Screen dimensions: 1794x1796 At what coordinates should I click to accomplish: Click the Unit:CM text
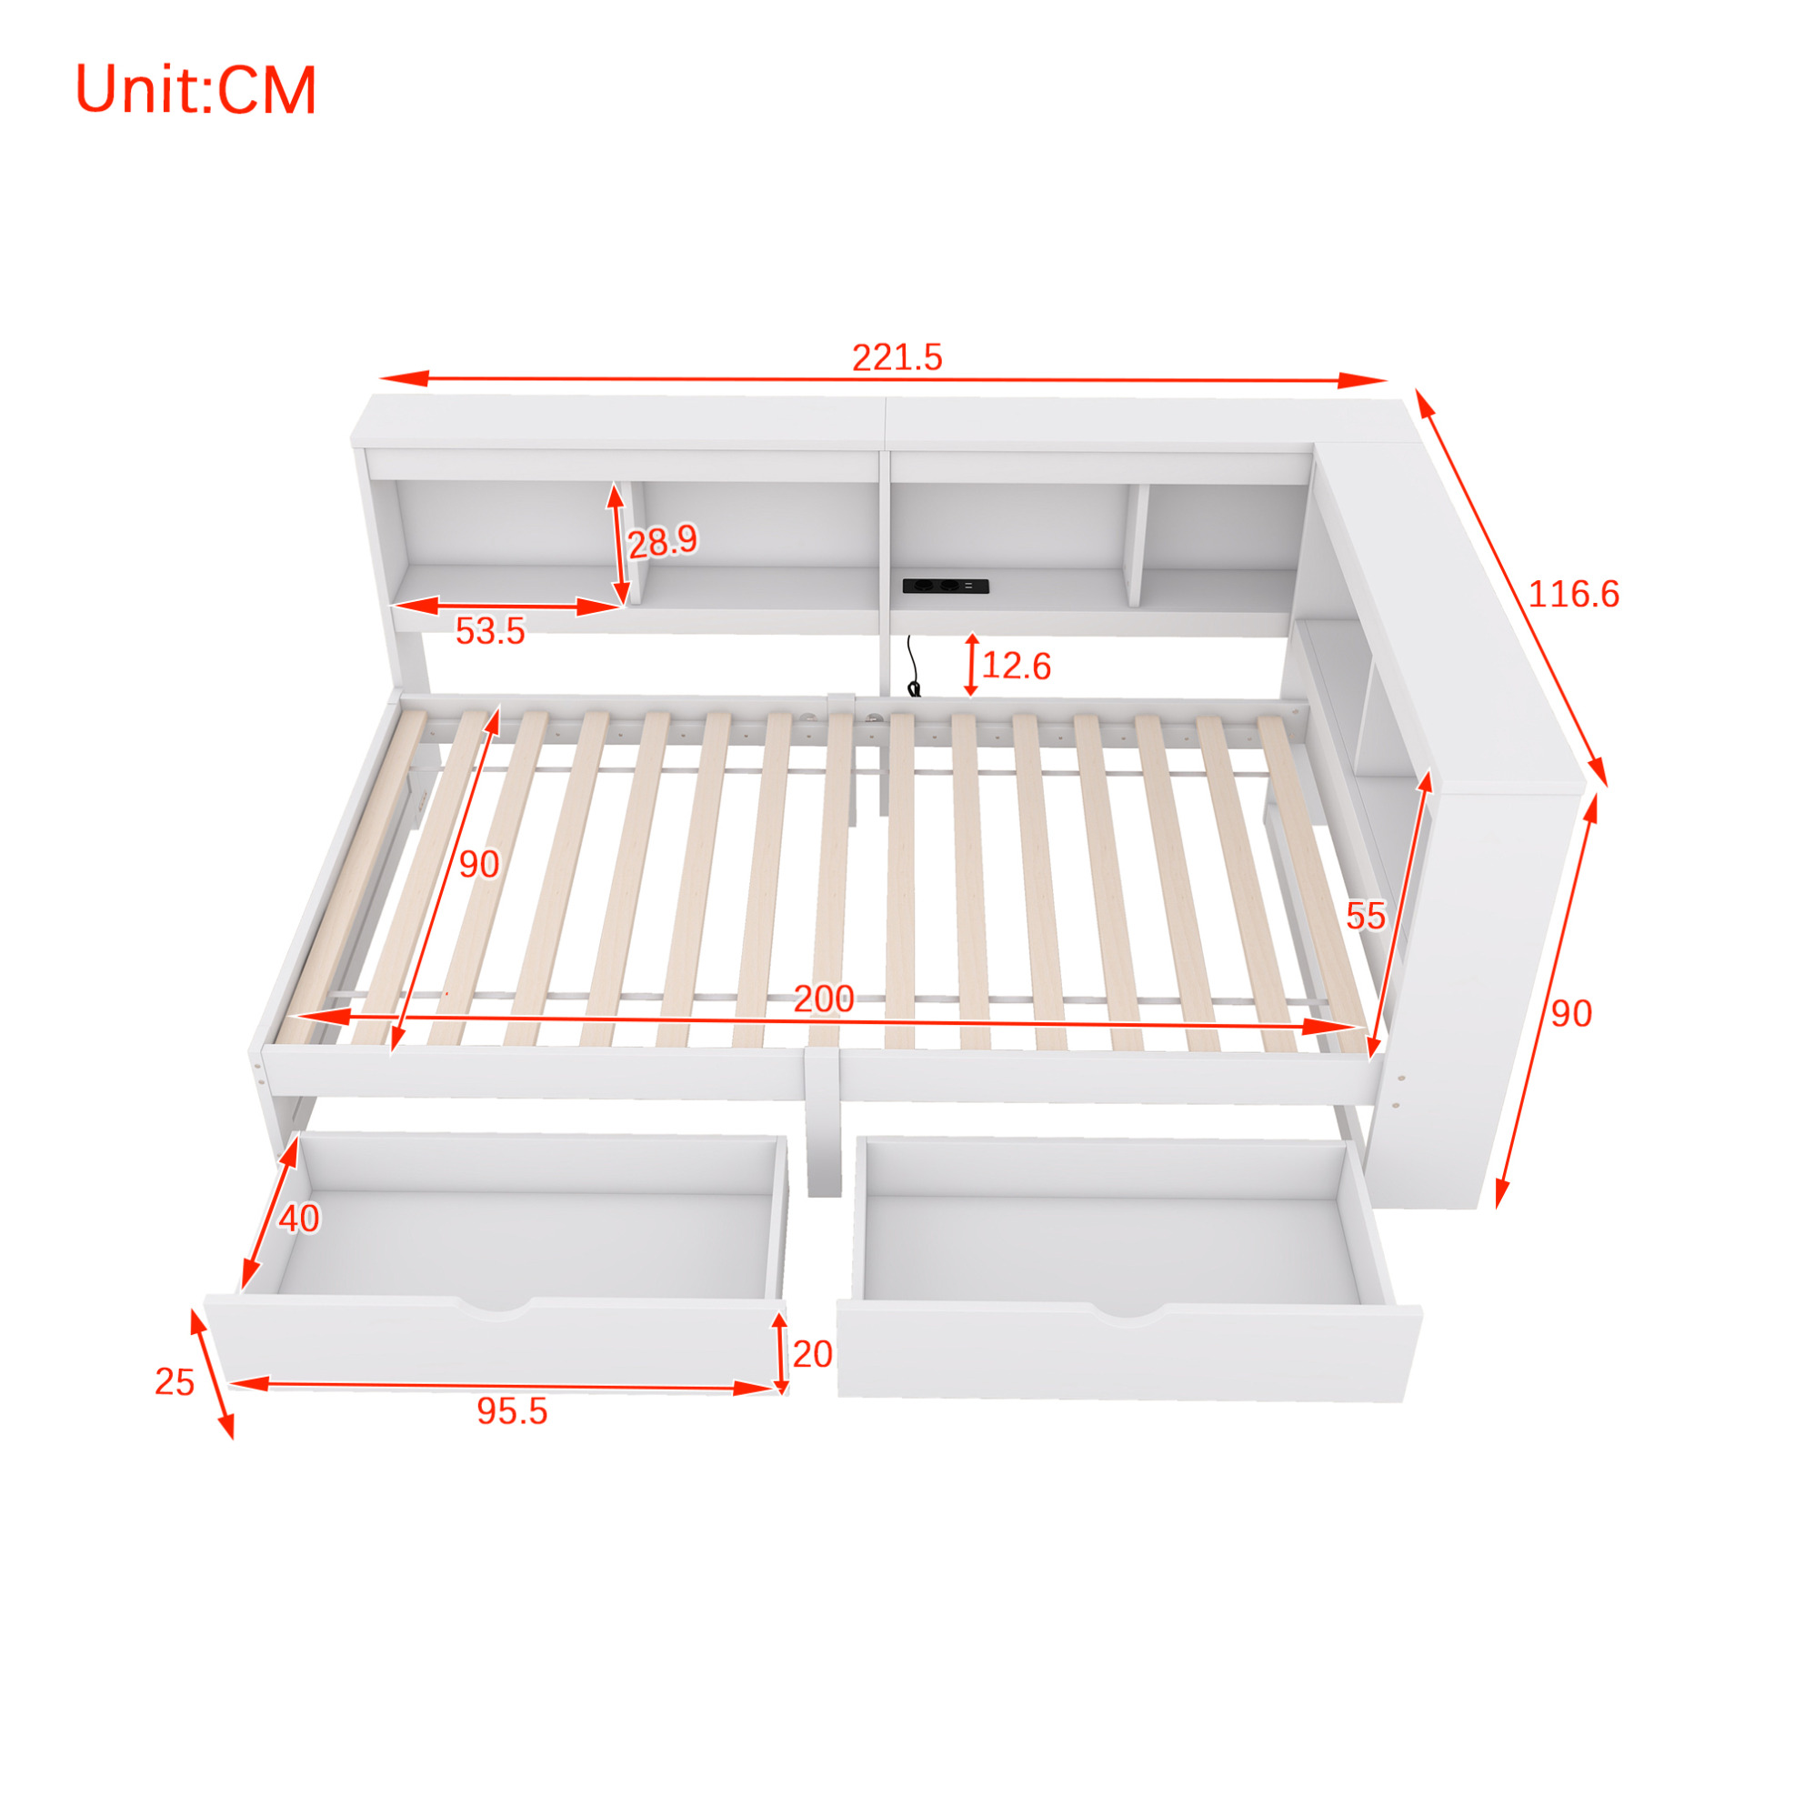(x=195, y=90)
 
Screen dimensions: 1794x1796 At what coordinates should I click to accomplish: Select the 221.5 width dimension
(x=897, y=357)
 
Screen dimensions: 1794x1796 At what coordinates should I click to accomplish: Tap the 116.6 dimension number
(x=1573, y=594)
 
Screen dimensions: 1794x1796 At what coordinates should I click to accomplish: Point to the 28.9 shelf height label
(x=662, y=541)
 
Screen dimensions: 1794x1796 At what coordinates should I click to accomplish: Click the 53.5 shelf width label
(x=490, y=631)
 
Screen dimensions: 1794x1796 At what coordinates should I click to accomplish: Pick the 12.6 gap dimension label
(x=1015, y=666)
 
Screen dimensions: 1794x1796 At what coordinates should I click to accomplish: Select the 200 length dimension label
(x=824, y=999)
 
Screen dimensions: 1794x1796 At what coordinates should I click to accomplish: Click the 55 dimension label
(x=1366, y=917)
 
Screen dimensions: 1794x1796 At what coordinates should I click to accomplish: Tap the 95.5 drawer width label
(x=512, y=1411)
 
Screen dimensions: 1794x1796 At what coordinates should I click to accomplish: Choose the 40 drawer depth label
(x=299, y=1219)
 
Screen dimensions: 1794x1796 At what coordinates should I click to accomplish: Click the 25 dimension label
(x=174, y=1382)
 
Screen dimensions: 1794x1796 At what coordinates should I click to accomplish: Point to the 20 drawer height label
(x=811, y=1354)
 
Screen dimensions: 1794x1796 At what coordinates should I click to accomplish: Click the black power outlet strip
(x=946, y=587)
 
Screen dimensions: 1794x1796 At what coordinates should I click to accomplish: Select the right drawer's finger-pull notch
(x=1128, y=1310)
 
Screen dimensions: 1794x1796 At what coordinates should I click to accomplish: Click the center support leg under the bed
(x=824, y=1124)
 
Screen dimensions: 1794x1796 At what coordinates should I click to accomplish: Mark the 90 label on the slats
(x=478, y=865)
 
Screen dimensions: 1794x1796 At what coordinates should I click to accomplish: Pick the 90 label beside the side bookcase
(x=1572, y=1013)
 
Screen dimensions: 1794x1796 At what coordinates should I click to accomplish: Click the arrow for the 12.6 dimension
(x=971, y=665)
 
